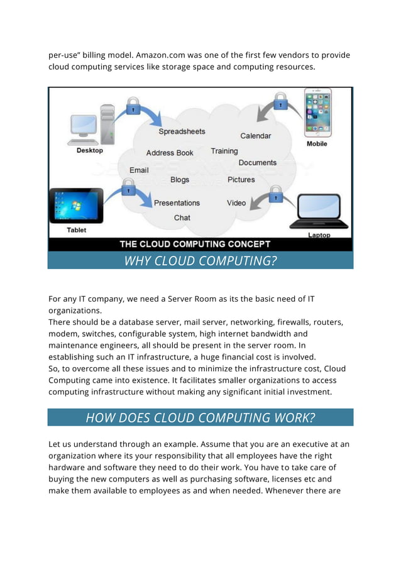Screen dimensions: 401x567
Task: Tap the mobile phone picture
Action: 317,113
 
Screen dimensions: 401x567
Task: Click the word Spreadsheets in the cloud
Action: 182,131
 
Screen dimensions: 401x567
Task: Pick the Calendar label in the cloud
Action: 256,136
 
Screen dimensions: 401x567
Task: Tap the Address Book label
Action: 170,153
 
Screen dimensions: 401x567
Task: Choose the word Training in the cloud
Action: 224,151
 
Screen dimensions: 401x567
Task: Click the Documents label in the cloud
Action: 258,163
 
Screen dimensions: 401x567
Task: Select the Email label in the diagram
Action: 139,170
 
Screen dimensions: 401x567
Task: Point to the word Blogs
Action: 180,180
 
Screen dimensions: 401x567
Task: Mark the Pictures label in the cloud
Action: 241,180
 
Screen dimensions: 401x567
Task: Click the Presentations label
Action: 177,203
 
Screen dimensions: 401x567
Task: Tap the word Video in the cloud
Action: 236,203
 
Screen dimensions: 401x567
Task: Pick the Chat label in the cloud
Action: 182,217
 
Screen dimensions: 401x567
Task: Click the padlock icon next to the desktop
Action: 133,106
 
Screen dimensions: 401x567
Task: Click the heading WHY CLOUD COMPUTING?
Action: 200,261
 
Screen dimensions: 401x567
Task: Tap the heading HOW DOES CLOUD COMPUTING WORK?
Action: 200,417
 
